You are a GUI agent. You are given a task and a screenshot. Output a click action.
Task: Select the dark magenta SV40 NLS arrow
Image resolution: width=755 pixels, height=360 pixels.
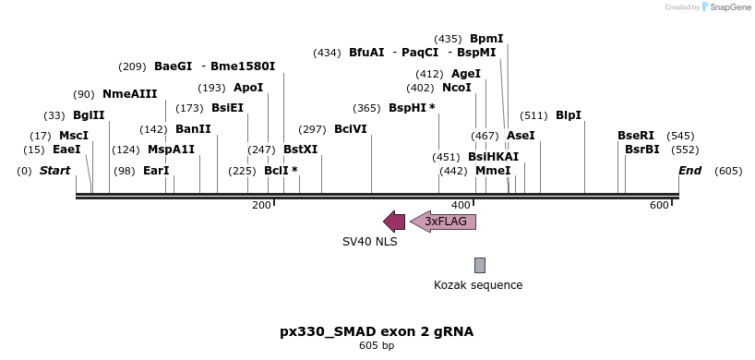[x=394, y=222]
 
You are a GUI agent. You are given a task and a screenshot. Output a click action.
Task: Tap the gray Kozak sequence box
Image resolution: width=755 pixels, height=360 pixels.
[x=480, y=265]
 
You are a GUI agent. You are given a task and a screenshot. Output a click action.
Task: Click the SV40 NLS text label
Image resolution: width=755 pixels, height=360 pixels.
[x=369, y=242]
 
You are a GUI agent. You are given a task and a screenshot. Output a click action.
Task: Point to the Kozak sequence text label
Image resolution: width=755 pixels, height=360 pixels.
[x=478, y=285]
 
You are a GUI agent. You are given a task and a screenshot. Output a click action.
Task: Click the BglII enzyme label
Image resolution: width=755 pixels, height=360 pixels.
[x=89, y=115]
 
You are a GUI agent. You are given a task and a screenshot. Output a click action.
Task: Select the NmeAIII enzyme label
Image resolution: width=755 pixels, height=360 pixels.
[x=129, y=94]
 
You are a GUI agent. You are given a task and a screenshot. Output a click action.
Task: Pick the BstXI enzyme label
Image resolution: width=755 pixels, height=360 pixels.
[x=300, y=149]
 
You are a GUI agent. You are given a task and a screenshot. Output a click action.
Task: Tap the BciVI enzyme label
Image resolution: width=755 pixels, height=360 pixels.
[x=350, y=129]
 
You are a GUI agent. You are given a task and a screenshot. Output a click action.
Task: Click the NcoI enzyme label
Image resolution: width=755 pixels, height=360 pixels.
[x=457, y=88]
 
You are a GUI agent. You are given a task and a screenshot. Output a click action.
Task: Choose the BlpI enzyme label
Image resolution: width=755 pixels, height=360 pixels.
[x=569, y=115]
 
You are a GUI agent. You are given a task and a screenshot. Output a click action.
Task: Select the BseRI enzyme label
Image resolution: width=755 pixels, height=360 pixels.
[x=636, y=136]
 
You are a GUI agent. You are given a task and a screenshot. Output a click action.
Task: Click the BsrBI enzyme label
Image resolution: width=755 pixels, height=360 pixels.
[x=642, y=149]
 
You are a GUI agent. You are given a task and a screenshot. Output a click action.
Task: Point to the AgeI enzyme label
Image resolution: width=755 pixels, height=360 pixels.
[x=466, y=74]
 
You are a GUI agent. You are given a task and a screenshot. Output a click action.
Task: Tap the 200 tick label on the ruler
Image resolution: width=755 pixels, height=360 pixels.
[x=261, y=205]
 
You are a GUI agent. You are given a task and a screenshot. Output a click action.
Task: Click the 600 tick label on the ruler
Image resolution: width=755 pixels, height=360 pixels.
[x=659, y=205]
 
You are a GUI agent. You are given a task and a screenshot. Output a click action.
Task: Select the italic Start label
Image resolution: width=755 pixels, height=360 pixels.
[x=55, y=171]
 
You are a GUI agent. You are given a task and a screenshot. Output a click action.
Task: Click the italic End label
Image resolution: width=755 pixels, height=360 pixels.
[x=689, y=171]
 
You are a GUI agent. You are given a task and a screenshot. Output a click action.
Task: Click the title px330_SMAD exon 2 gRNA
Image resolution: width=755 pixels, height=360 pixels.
[x=377, y=331]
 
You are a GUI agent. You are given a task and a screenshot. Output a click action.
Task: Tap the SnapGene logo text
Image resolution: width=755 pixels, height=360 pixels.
[x=729, y=7]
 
